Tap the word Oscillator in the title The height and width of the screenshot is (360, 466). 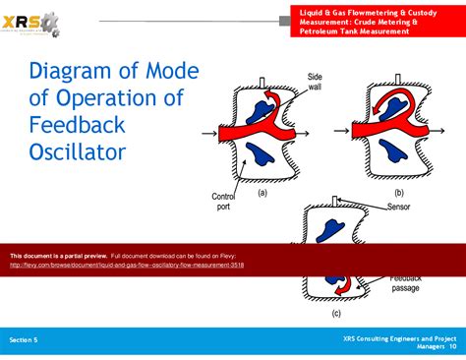(x=78, y=152)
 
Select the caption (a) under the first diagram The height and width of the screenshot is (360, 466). (x=262, y=193)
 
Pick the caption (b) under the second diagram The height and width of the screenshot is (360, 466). (x=398, y=193)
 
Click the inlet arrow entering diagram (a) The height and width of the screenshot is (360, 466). (x=211, y=131)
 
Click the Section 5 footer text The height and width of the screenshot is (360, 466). (x=24, y=338)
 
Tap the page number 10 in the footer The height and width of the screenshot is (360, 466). (x=452, y=345)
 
